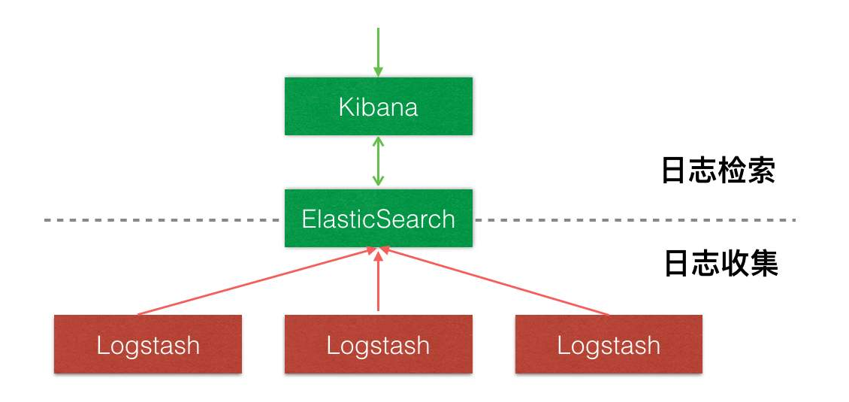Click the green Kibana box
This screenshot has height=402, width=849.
click(x=378, y=107)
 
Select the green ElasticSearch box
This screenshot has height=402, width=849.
click(x=378, y=219)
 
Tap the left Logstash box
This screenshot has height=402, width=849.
click(x=148, y=345)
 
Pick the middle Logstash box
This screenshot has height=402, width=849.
click(x=378, y=345)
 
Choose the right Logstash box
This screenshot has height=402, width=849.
click(x=609, y=345)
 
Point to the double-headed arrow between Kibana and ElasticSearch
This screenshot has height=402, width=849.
click(x=378, y=162)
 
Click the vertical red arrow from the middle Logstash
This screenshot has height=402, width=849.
click(x=378, y=282)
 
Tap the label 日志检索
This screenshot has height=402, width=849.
click(x=718, y=171)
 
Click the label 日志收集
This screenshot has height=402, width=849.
click(x=721, y=264)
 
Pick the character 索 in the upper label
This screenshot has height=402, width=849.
click(x=761, y=171)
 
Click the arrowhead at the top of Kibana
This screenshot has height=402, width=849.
click(x=378, y=72)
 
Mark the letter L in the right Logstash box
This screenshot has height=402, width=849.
click(x=562, y=345)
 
